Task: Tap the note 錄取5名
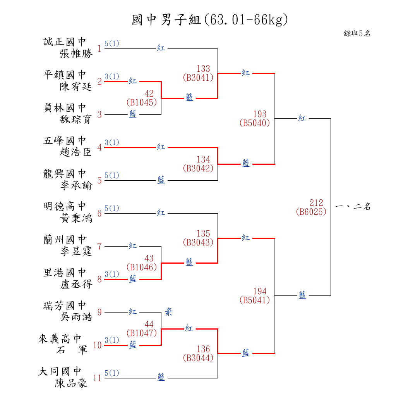[357, 33]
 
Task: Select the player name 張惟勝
[76, 54]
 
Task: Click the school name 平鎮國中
[65, 74]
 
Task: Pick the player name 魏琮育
[76, 119]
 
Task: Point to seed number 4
[99, 147]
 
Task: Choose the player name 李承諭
[76, 185]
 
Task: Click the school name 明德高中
[65, 206]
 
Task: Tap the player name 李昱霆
[76, 251]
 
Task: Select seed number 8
[99, 279]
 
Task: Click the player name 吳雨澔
[76, 317]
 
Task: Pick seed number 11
[97, 378]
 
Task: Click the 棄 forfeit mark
[169, 312]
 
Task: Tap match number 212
[316, 203]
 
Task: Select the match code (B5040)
[254, 123]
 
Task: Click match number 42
[149, 93]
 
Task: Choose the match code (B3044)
[198, 358]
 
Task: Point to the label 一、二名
[353, 207]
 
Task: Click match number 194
[260, 291]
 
